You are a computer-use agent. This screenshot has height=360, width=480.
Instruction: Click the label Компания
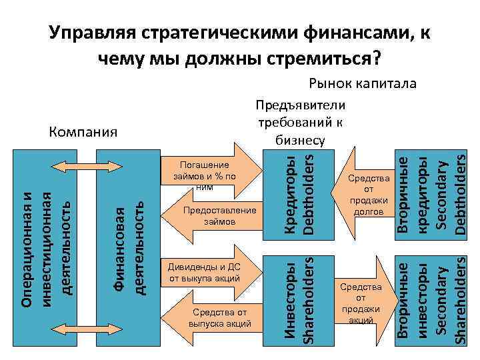point(83,131)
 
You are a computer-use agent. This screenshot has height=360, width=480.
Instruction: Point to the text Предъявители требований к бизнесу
point(300,122)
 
